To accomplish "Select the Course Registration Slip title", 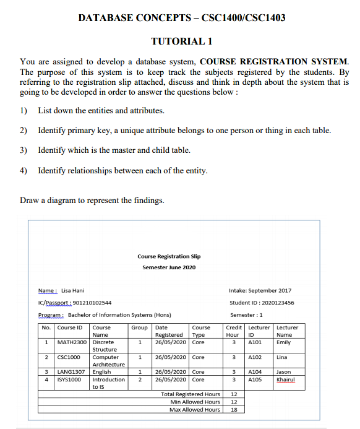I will click(x=169, y=256).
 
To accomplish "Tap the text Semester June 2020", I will click(x=169, y=267).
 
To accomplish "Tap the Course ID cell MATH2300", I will click(x=72, y=342).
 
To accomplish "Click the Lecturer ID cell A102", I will click(x=255, y=357).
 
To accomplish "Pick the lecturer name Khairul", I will click(x=286, y=379).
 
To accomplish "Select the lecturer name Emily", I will click(x=283, y=342).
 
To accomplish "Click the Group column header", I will click(x=139, y=327).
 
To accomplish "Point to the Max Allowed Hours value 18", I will click(x=234, y=409).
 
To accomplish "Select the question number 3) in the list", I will click(x=24, y=150).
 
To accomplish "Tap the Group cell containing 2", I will click(x=140, y=379).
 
